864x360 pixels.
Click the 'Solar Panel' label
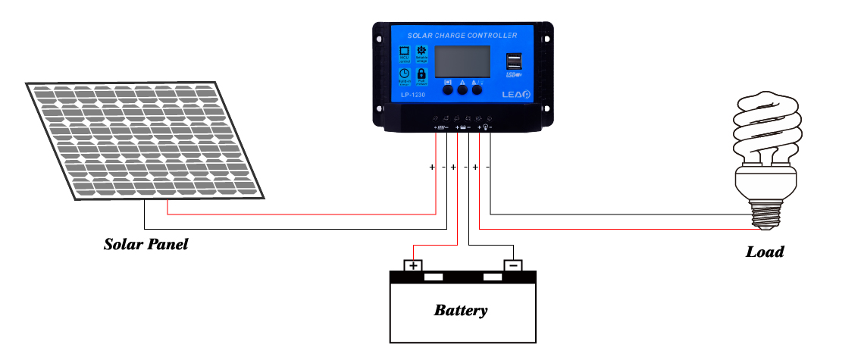pyautogui.click(x=146, y=245)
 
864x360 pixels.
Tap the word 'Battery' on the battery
pyautogui.click(x=460, y=310)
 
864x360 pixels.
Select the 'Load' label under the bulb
pyautogui.click(x=765, y=252)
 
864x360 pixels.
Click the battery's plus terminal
pyautogui.click(x=413, y=265)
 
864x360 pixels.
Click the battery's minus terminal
pyautogui.click(x=513, y=265)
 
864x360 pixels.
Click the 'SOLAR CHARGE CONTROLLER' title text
pyautogui.click(x=462, y=36)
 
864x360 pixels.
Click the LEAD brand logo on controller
pyautogui.click(x=515, y=95)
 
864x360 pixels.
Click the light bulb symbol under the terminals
pyautogui.click(x=485, y=128)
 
